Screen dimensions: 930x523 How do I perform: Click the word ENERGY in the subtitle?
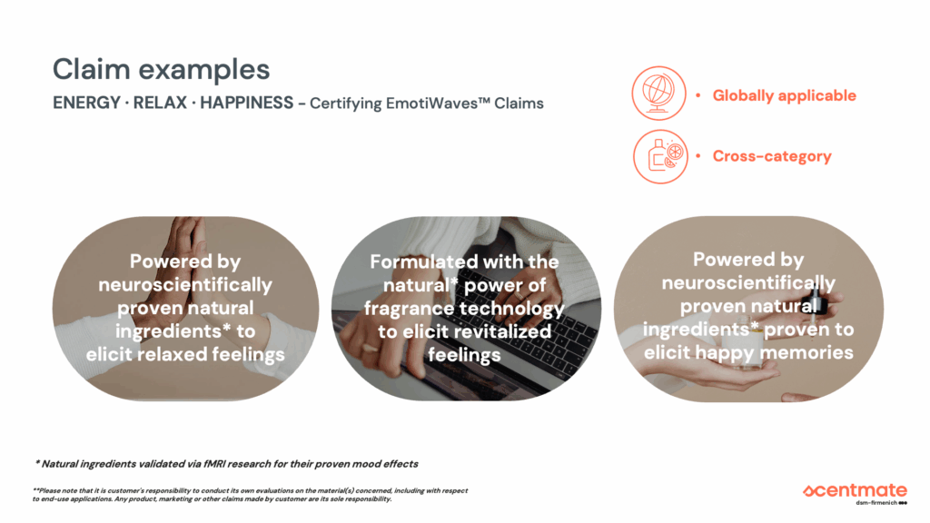point(86,104)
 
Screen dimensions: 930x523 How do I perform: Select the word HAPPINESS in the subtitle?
point(247,104)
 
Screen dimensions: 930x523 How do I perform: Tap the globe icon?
point(659,94)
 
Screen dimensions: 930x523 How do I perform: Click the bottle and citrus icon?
point(660,156)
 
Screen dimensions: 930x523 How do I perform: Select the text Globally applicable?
point(784,95)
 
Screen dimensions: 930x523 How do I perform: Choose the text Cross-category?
point(772,156)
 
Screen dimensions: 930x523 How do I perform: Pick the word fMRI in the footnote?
point(213,464)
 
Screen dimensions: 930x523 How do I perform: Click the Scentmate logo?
point(855,490)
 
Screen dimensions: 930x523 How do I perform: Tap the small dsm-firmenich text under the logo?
point(876,503)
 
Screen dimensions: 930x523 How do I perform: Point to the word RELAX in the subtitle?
point(160,104)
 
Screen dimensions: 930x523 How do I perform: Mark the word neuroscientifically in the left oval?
point(185,284)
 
